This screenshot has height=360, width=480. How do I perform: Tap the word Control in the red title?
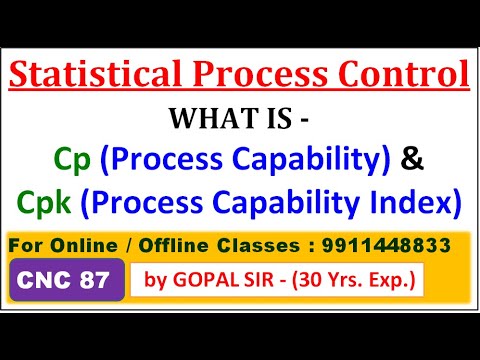click(x=405, y=75)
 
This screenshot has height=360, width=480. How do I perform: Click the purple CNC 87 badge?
click(x=68, y=281)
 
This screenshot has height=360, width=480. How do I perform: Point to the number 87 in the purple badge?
click(x=101, y=281)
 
